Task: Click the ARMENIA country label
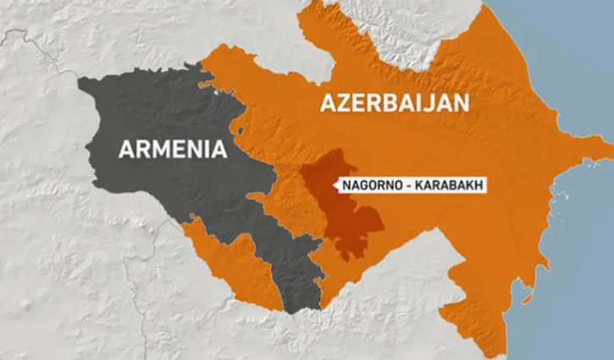[173, 150]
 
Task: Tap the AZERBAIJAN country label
[394, 104]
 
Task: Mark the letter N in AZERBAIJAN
[462, 104]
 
